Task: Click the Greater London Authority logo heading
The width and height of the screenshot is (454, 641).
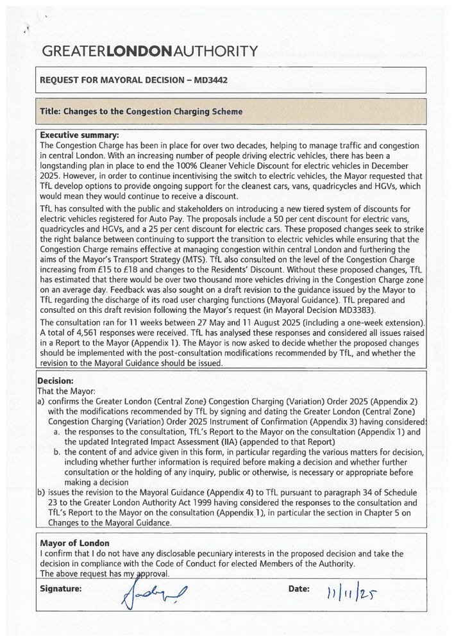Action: [x=151, y=51]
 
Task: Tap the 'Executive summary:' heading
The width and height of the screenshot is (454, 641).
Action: [x=80, y=135]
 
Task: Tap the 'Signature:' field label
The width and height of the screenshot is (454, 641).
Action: [x=61, y=588]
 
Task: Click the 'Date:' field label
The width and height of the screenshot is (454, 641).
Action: [x=299, y=588]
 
